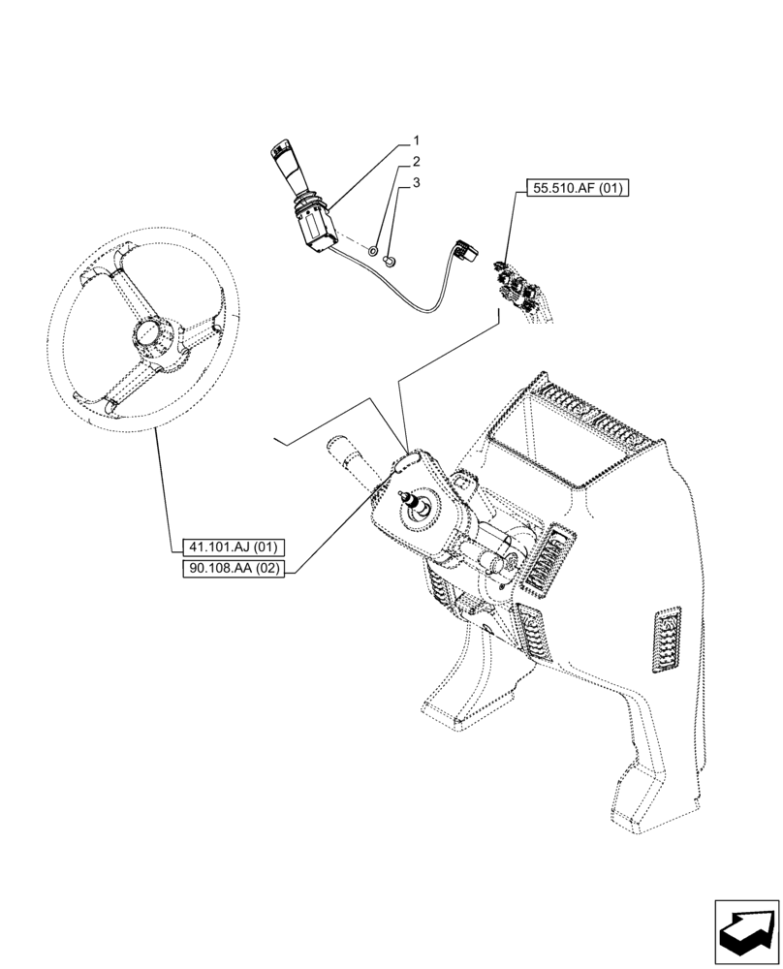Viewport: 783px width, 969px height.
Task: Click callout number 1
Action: pyautogui.click(x=416, y=141)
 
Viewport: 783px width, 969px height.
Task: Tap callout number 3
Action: pyautogui.click(x=416, y=182)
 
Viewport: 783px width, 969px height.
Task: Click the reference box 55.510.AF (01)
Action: pyautogui.click(x=579, y=188)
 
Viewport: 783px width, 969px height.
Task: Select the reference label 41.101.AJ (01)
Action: pyautogui.click(x=229, y=547)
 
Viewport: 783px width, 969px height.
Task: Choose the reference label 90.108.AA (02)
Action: pyautogui.click(x=233, y=569)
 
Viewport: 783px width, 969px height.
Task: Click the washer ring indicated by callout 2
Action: pyautogui.click(x=373, y=251)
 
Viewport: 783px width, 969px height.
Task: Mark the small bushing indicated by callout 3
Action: pyautogui.click(x=390, y=260)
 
